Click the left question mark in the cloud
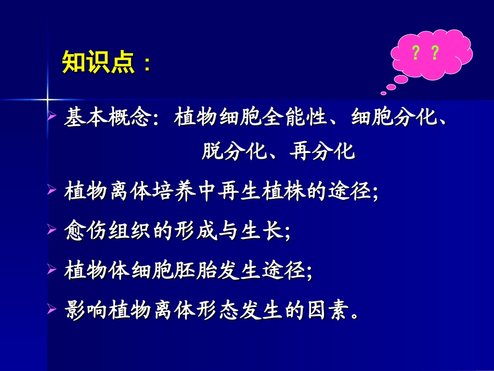click(415, 53)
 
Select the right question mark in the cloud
click(435, 53)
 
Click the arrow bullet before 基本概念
click(51, 117)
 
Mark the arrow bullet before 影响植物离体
click(51, 309)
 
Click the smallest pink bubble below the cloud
click(384, 93)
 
